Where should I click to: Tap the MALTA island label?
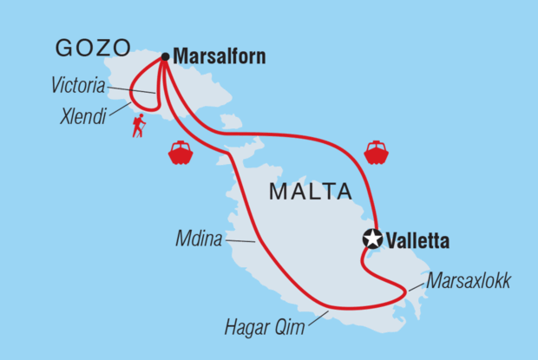coord(308,191)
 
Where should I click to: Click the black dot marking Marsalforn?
coord(165,57)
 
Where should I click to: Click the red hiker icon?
coord(139,128)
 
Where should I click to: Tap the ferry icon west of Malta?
coord(180,153)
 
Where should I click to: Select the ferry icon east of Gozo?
coord(377,153)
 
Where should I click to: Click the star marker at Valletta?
coord(373,239)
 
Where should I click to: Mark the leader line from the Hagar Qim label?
coord(315,318)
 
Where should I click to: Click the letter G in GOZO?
coord(65,49)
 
